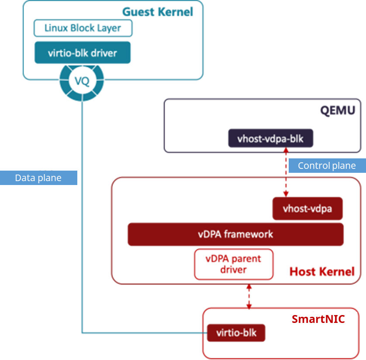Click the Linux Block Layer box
coord(83,28)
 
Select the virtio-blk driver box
coord(83,53)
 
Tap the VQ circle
coord(82,81)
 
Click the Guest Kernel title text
coord(157,12)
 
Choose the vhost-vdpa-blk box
coord(270,139)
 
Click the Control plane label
coord(326,166)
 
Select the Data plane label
coord(38,178)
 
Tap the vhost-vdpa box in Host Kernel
coord(307,209)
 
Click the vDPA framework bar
coord(235,234)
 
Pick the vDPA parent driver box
coord(234,264)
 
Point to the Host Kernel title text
coord(322,272)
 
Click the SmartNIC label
coord(318,319)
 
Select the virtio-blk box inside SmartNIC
coord(236,333)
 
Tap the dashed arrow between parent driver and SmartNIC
coord(249,296)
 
